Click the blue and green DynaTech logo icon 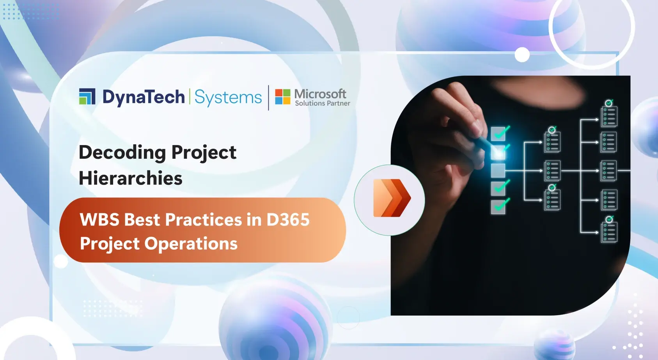(x=87, y=96)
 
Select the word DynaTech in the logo (x=143, y=97)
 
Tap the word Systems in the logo (x=228, y=97)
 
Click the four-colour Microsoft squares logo (x=282, y=97)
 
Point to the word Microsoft (x=320, y=94)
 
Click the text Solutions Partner (x=322, y=103)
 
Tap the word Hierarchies (x=131, y=178)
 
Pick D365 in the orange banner (x=288, y=220)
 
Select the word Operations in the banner (x=191, y=244)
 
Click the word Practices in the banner (x=204, y=220)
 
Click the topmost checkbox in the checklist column (x=498, y=134)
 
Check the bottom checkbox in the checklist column (x=498, y=207)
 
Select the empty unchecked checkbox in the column (x=498, y=170)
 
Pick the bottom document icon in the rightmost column (x=609, y=232)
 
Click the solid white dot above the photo (x=522, y=55)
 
